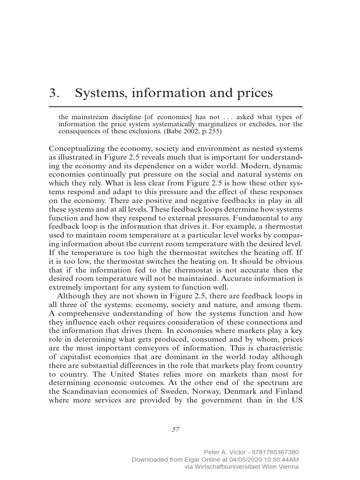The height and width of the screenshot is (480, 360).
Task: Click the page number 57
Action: pos(176,428)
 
